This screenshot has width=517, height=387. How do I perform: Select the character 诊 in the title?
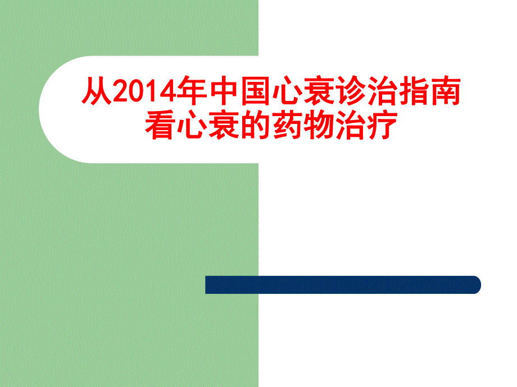343,92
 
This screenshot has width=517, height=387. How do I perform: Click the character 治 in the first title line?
374,92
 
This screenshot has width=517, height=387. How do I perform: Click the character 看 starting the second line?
160,125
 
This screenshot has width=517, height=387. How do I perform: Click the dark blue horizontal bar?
343,285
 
